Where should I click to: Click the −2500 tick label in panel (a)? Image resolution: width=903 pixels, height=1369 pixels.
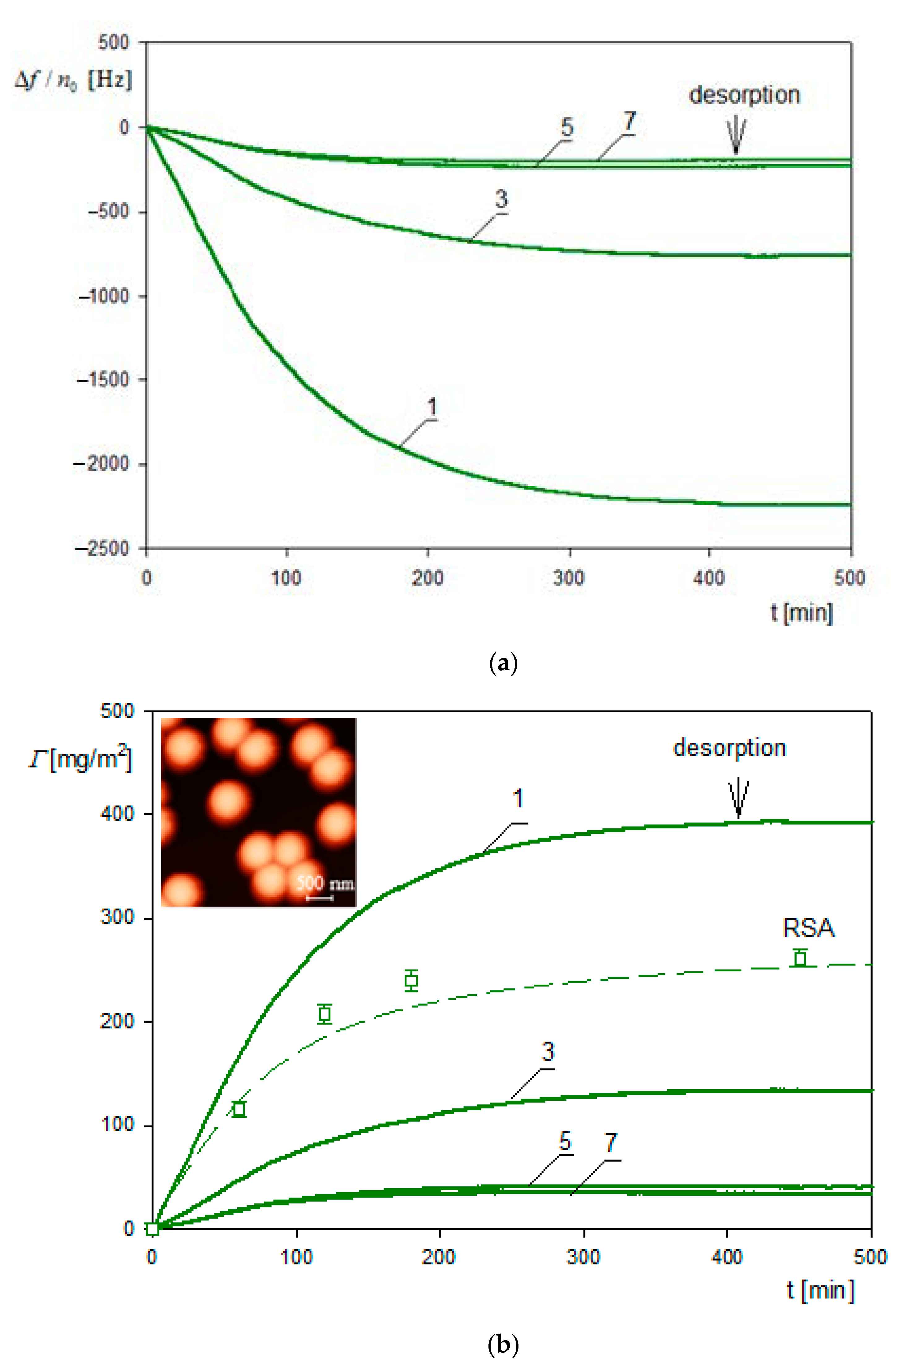tap(102, 548)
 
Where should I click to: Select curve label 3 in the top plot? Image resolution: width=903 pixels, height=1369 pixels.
tap(501, 199)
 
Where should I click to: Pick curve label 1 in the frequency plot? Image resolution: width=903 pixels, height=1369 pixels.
tap(432, 407)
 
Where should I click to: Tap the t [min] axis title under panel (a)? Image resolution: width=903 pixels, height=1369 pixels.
tap(802, 612)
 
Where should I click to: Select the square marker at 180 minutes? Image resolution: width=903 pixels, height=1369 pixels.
tap(411, 980)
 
